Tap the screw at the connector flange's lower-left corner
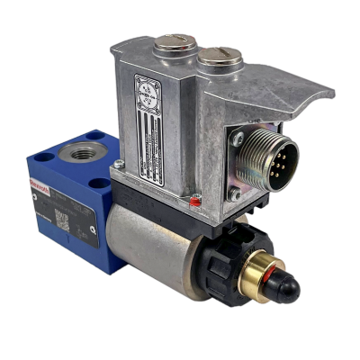tap(235, 193)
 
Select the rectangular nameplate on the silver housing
tap(149, 121)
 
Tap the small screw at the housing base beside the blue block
tap(119, 165)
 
